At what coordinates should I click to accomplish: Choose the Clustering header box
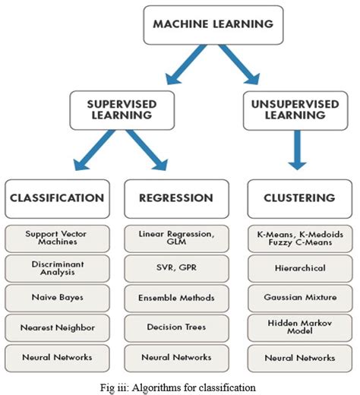[300, 197]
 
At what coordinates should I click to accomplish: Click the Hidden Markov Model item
[300, 328]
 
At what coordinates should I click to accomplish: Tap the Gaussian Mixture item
[300, 299]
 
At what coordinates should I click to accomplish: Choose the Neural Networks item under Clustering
[300, 357]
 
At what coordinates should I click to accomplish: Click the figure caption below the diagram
[179, 386]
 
